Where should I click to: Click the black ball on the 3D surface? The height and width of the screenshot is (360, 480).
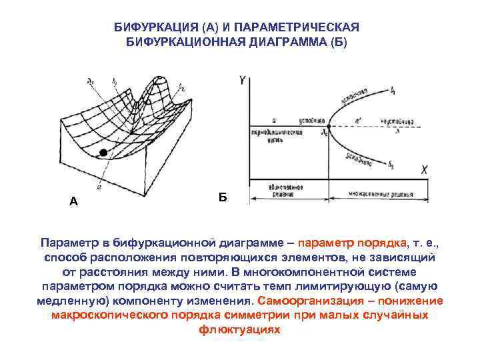[x=103, y=153]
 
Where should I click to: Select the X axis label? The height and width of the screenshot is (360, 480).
[x=424, y=170]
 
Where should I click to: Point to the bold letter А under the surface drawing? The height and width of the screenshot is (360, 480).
[x=73, y=201]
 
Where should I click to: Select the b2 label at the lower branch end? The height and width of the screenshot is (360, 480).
[x=393, y=164]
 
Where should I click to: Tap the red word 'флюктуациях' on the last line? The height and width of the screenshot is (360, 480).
[x=239, y=329]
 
